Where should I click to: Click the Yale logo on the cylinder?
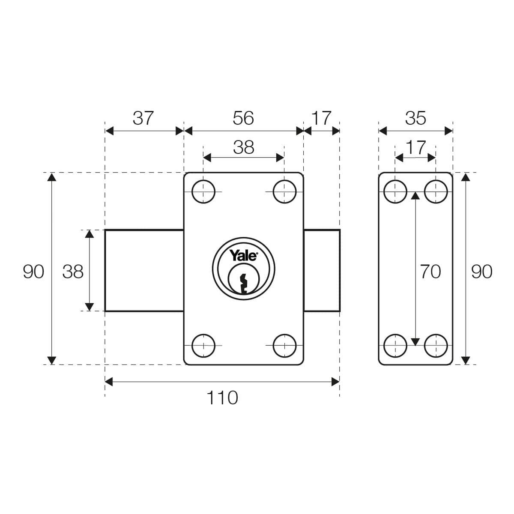pyautogui.click(x=243, y=256)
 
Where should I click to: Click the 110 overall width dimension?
pyautogui.click(x=222, y=398)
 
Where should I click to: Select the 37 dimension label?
pyautogui.click(x=143, y=118)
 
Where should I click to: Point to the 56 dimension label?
pyautogui.click(x=243, y=118)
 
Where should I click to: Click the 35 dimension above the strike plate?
pyautogui.click(x=415, y=118)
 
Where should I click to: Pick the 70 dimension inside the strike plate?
pyautogui.click(x=430, y=272)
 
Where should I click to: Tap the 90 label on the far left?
pyautogui.click(x=33, y=272)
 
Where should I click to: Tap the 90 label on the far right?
pyautogui.click(x=482, y=272)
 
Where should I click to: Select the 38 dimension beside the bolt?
pyautogui.click(x=73, y=272)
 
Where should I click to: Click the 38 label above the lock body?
pyautogui.click(x=243, y=147)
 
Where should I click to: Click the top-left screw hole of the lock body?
pyautogui.click(x=203, y=191)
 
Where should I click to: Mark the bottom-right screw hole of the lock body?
pyautogui.click(x=284, y=345)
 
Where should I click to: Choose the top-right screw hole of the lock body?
pyautogui.click(x=284, y=191)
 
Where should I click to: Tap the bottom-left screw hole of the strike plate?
pyautogui.click(x=395, y=345)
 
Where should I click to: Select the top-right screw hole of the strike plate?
pyautogui.click(x=436, y=191)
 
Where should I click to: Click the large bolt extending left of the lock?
pyautogui.click(x=144, y=270)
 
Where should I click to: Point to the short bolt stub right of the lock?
pyautogui.click(x=322, y=270)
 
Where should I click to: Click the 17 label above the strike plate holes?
pyautogui.click(x=415, y=147)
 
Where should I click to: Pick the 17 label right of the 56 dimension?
pyautogui.click(x=321, y=118)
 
